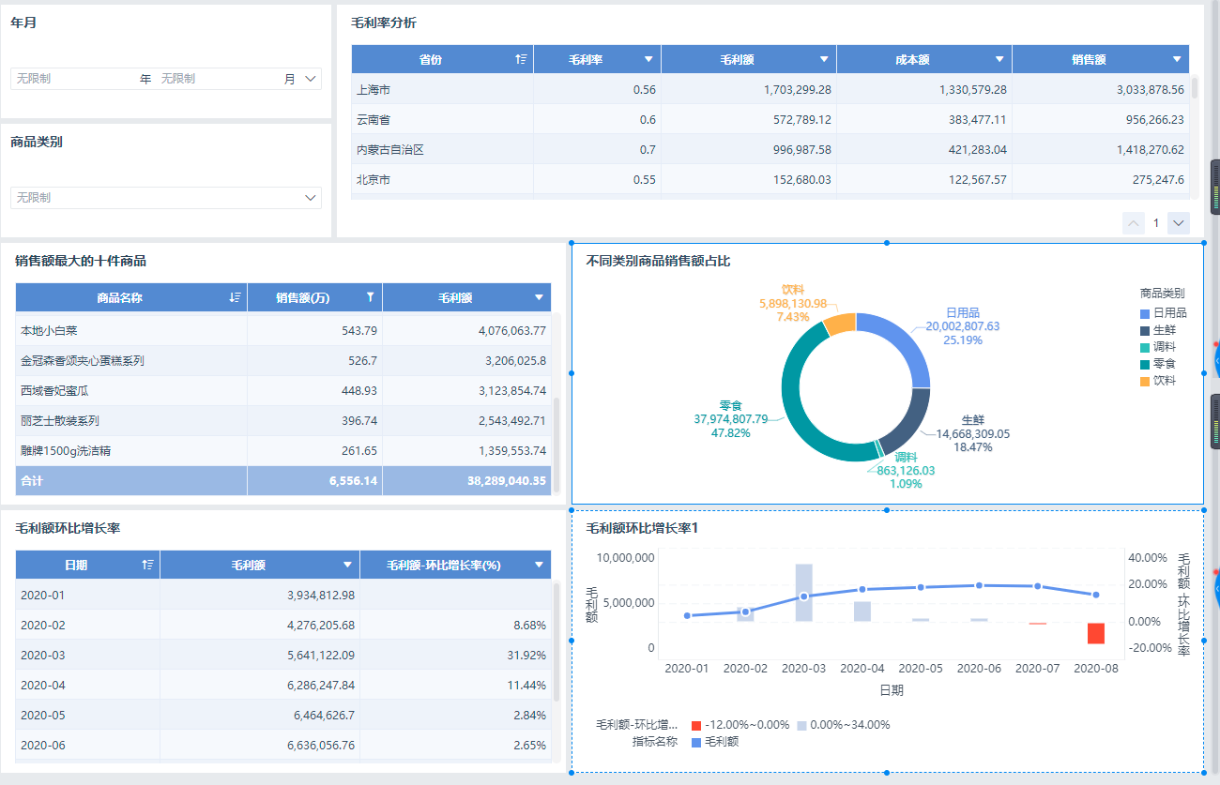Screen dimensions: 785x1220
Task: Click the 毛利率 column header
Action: [x=586, y=59]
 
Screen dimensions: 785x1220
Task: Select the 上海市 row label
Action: [x=374, y=89]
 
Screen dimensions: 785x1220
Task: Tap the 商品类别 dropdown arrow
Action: [x=311, y=198]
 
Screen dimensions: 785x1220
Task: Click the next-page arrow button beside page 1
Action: [x=1179, y=223]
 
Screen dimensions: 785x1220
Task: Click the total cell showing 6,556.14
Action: [x=353, y=480]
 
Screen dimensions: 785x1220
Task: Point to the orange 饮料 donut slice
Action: [x=840, y=325]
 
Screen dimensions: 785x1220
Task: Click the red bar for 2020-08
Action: [x=1095, y=633]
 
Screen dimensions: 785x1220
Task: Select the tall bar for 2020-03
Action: [x=803, y=592]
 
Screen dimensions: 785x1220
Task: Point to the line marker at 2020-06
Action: [x=979, y=585]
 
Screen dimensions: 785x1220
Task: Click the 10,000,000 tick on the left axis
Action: [x=625, y=558]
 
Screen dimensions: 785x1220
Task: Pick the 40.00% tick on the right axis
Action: [x=1148, y=558]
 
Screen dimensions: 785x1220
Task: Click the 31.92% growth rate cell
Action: [x=526, y=655]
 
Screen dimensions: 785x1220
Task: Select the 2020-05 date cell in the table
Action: [x=43, y=715]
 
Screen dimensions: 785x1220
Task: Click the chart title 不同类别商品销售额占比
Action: [x=658, y=261]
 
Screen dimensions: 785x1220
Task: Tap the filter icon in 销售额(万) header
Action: [x=370, y=297]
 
